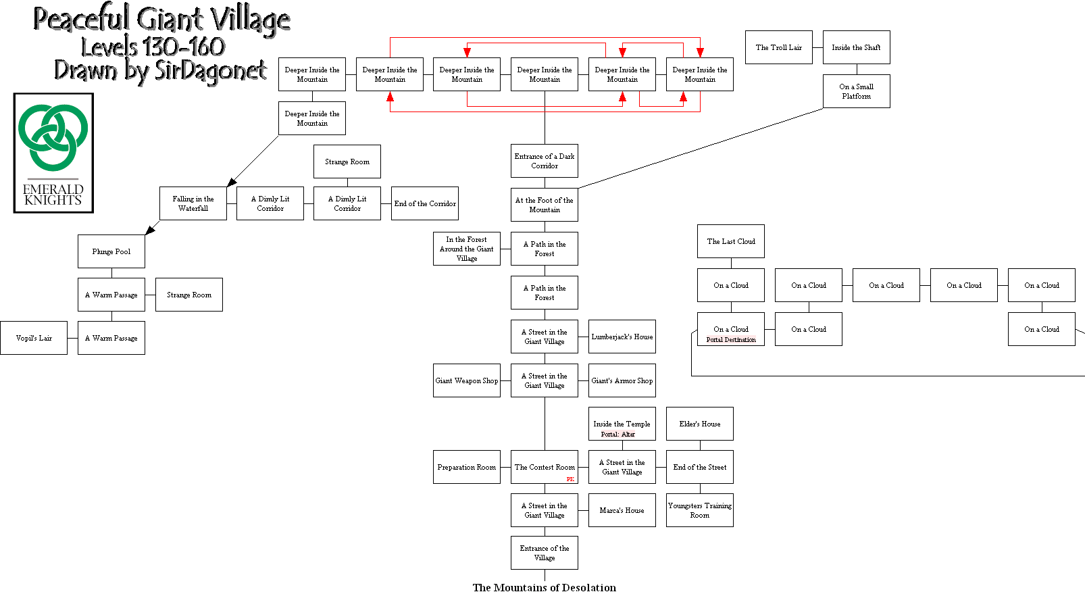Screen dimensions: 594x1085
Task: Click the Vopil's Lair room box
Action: tap(34, 338)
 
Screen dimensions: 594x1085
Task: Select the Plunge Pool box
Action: tap(111, 251)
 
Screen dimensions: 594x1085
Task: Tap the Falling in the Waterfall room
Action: tap(193, 203)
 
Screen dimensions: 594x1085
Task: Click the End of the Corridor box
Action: tap(425, 203)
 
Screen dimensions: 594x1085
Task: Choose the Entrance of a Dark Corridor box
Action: tap(545, 161)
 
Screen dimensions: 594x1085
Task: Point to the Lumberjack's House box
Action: tap(622, 337)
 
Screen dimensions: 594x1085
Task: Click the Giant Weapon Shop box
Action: tap(467, 380)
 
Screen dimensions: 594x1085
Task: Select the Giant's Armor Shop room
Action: tap(622, 380)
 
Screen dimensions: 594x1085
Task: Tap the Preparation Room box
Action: tap(467, 467)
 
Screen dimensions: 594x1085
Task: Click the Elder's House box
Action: tap(700, 424)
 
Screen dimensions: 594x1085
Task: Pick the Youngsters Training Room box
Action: tap(700, 510)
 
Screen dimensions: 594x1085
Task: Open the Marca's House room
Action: tap(622, 510)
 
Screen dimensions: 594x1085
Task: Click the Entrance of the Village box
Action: tap(545, 553)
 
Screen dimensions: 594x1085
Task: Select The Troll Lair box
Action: tap(779, 47)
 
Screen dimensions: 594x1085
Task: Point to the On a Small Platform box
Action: tap(857, 91)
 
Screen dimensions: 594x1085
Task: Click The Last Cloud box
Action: tap(731, 241)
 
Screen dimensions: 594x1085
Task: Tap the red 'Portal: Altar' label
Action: tap(618, 435)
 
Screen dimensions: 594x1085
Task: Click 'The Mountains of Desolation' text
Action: tap(545, 587)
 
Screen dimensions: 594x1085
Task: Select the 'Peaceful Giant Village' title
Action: tap(162, 19)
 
